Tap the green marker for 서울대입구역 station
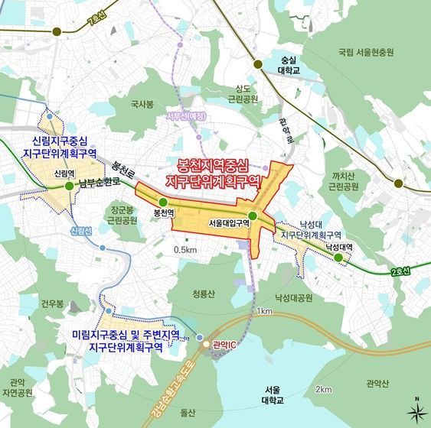click(x=253, y=215)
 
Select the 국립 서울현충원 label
click(x=365, y=53)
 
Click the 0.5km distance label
click(x=186, y=250)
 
